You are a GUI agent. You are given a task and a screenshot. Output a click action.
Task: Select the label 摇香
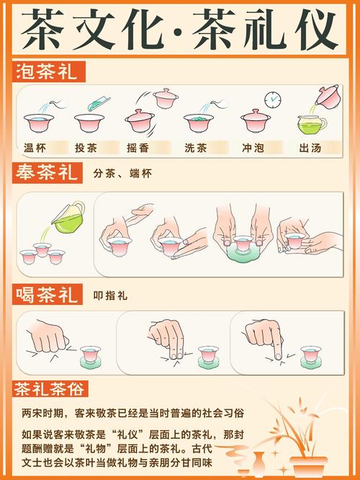point(142,148)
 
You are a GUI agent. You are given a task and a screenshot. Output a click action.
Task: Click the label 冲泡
point(253,148)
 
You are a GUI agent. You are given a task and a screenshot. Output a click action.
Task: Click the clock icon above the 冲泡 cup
point(272,99)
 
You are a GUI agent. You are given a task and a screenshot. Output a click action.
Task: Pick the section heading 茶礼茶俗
point(50,390)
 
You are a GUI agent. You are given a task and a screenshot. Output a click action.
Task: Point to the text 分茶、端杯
point(123,174)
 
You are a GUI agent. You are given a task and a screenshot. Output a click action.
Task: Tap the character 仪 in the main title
point(311,29)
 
